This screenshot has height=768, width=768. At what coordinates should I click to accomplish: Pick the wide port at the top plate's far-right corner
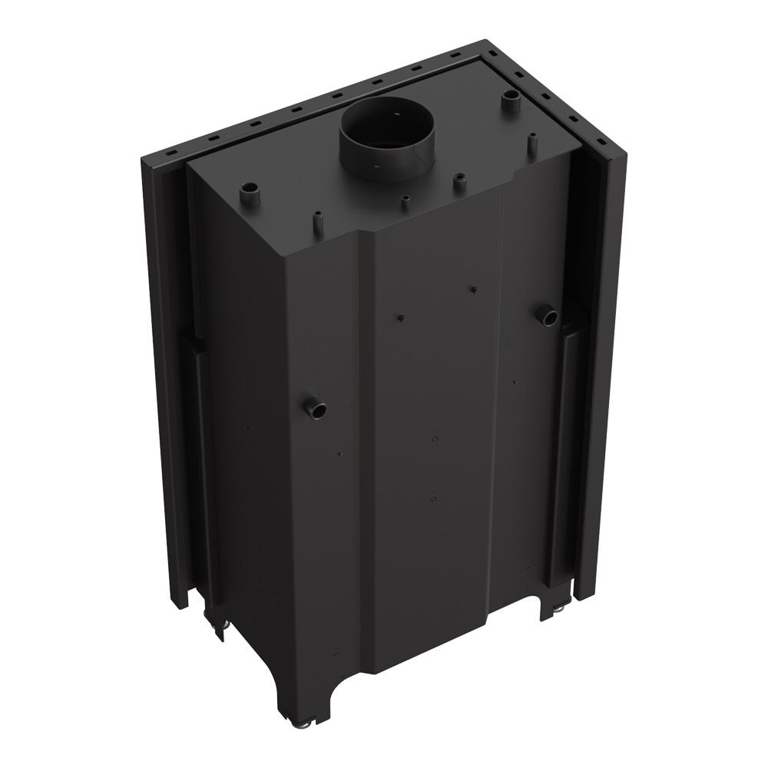coord(509,100)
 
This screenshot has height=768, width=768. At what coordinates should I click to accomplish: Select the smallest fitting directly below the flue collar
coord(405,203)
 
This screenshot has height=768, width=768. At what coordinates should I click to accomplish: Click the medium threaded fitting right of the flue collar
coord(461,182)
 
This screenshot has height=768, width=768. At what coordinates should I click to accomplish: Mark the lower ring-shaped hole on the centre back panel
coord(435,500)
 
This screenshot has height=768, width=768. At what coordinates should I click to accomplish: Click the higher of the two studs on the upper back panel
coord(473,289)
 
